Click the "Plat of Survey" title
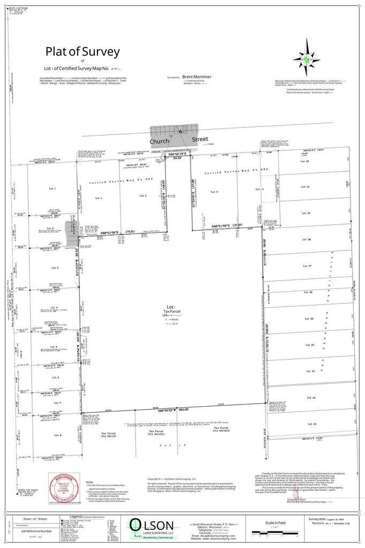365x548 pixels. tap(82, 52)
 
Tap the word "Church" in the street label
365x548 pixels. tap(159, 141)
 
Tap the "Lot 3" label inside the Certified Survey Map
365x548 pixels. tap(213, 191)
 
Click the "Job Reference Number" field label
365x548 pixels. tap(37, 531)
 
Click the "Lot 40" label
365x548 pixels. tap(309, 345)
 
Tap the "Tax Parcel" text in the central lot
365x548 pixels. tap(170, 313)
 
